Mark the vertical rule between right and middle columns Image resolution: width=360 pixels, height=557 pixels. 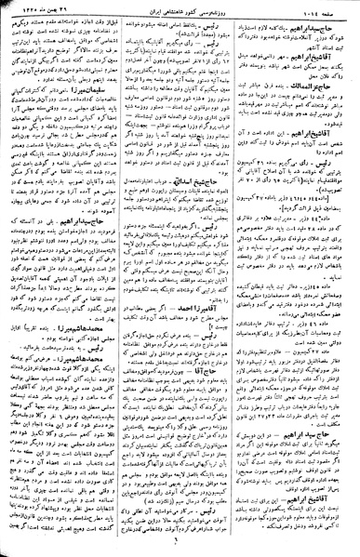(242, 279)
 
